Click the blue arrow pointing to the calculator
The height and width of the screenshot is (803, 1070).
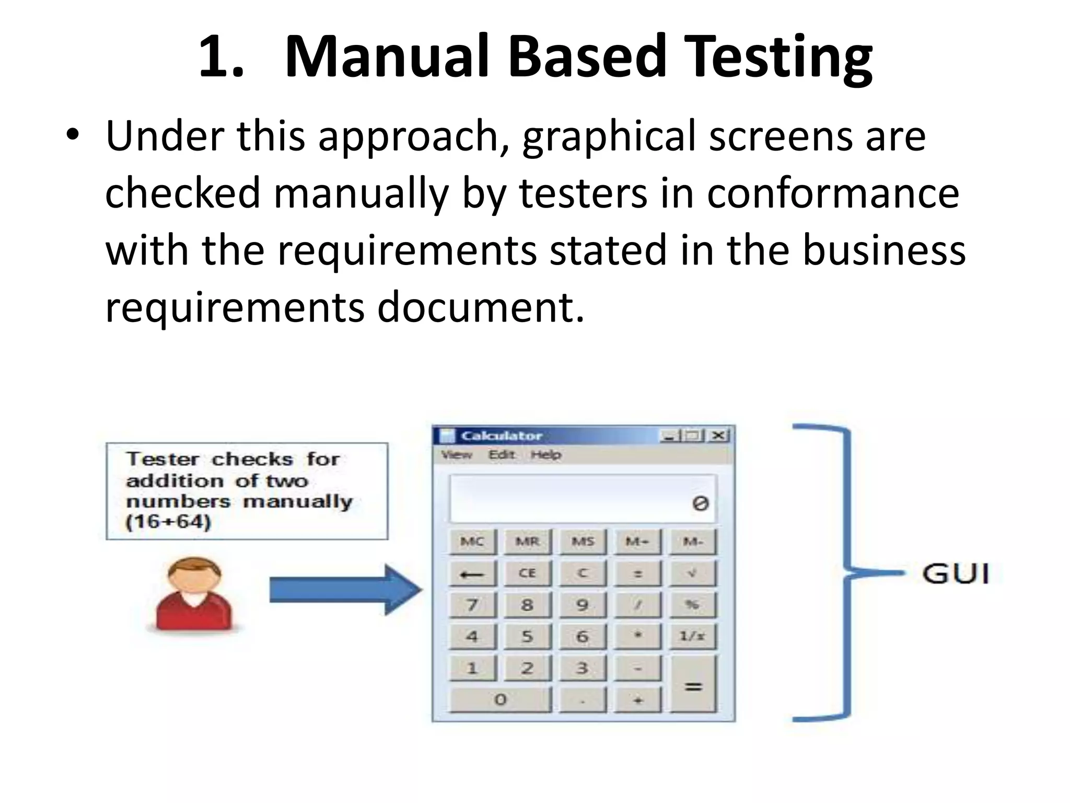pos(345,590)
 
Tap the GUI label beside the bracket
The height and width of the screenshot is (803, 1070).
pos(956,573)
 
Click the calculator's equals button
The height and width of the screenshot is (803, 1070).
pos(693,685)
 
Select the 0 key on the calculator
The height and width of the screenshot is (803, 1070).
pos(500,699)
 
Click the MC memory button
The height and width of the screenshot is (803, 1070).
pos(472,542)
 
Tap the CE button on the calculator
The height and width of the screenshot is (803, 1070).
pos(527,573)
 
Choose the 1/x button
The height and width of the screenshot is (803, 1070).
pos(692,636)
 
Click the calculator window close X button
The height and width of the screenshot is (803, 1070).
pos(719,435)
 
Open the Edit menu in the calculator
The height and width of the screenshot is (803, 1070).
pos(502,455)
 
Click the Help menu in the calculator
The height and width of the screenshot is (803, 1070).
pos(545,455)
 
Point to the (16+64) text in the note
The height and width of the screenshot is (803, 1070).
pos(168,522)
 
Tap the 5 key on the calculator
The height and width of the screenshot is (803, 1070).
pos(527,636)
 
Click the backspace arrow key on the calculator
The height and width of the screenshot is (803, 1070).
pos(472,574)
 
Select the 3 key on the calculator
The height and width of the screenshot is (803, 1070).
pos(582,668)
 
